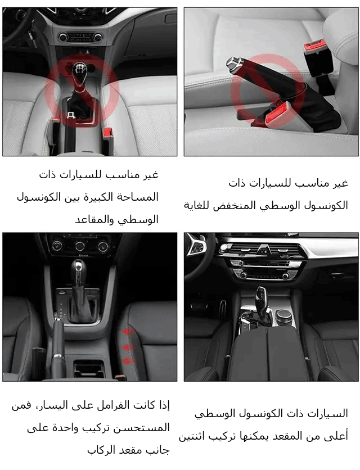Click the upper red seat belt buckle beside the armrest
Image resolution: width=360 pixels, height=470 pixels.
pos(314,47)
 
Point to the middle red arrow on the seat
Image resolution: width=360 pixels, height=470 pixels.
pos(128,347)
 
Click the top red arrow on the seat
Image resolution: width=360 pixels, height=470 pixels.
pos(128,331)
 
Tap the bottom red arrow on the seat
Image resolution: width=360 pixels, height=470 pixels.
pos(129,360)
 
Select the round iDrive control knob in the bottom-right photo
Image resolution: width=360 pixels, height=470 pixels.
pos(283,316)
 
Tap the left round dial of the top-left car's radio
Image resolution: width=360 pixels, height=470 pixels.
pos(63,37)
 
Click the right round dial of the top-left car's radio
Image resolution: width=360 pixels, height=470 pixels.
pos(98,38)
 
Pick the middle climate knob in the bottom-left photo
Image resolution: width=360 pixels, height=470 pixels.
pos(80,246)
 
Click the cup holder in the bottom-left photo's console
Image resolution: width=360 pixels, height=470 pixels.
pos(89,369)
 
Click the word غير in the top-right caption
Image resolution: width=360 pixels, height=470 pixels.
pos(340,183)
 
